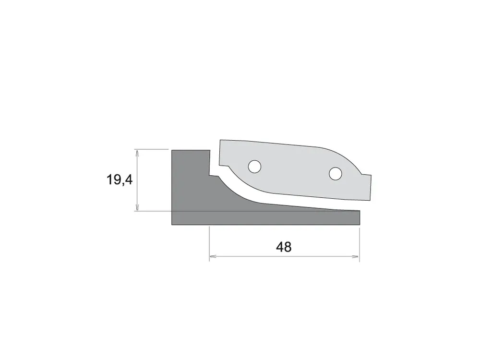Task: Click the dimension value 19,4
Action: click(120, 180)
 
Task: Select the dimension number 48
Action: click(284, 247)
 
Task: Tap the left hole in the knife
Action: click(254, 167)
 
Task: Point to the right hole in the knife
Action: click(335, 174)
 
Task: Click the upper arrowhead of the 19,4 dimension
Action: click(137, 153)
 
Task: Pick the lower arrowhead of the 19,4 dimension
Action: click(137, 207)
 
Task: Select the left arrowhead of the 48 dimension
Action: click(213, 256)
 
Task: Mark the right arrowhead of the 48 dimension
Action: click(356, 256)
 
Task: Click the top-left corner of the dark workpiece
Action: click(172, 150)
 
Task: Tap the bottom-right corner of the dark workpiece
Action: click(360, 225)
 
